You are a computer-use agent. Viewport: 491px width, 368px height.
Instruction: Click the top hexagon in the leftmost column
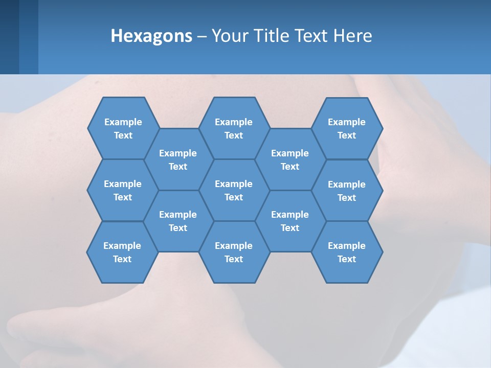point(123,128)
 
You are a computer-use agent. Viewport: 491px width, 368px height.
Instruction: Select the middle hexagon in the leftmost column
point(123,190)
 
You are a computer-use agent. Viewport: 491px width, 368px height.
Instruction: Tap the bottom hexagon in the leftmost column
point(122,252)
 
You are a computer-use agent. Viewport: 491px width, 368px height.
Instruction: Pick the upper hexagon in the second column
point(178,159)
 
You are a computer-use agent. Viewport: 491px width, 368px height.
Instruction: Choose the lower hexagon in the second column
point(178,221)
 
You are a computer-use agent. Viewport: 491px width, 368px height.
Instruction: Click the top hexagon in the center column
point(234,128)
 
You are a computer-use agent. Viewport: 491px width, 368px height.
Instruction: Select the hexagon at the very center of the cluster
point(234,190)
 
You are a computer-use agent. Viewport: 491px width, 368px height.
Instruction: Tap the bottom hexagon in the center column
point(234,252)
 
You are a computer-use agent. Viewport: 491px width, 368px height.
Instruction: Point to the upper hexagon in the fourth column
point(290,159)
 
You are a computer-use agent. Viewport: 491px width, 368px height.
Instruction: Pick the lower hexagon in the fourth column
point(290,221)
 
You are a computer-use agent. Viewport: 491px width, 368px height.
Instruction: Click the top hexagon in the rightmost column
point(347,128)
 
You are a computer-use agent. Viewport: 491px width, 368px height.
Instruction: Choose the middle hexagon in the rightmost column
point(347,191)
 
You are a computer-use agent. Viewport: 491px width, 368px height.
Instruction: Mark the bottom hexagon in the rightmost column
point(347,252)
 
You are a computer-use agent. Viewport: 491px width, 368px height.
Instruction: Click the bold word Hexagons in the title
point(151,36)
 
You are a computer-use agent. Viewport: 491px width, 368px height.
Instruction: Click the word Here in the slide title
point(352,36)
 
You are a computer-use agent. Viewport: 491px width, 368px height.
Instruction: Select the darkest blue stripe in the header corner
point(9,37)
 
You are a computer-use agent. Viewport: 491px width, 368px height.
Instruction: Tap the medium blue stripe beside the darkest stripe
point(29,37)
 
